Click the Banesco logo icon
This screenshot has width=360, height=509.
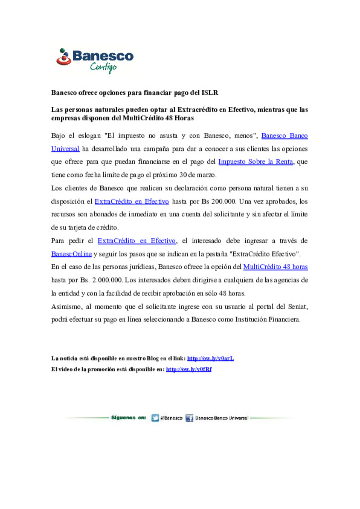pos(63,57)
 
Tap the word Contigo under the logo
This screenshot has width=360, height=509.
pos(103,67)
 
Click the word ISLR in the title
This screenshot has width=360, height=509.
pos(210,93)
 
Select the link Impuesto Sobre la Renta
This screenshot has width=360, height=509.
pos(255,162)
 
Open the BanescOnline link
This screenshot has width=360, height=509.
pos(71,254)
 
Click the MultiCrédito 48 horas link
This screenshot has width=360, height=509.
pos(275,267)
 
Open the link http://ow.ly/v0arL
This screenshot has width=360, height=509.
pos(210,359)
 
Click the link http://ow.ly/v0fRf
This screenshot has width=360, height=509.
pos(189,369)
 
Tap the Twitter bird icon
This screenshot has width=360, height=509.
pos(155,418)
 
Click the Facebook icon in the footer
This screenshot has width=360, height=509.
pos(189,418)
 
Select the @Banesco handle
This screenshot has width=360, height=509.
pos(171,418)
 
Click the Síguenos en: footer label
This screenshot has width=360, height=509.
pos(128,418)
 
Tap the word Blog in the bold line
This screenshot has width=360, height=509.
pos(153,359)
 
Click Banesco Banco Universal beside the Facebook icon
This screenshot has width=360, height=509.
pos(222,418)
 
